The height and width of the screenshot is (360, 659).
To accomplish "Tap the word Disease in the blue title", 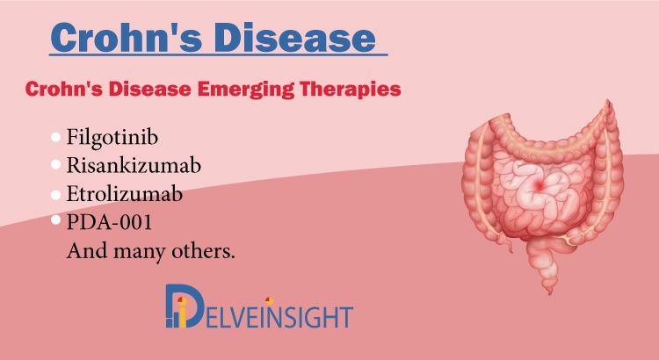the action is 294,37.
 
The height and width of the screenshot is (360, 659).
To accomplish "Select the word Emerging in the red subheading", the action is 245,90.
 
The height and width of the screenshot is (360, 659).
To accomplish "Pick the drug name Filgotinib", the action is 112,137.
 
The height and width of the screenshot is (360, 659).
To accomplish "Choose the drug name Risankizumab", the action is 134,165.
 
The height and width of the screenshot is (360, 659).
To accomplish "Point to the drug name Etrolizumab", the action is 125,194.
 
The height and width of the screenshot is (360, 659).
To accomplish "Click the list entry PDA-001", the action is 109,222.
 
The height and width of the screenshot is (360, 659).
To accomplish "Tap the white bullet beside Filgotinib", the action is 56,137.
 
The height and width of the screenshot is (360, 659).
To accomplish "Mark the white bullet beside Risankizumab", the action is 56,164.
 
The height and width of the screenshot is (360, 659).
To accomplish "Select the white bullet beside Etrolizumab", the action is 56,195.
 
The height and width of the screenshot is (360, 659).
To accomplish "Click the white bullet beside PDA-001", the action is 56,220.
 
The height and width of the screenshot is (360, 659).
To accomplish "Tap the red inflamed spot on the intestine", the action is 540,184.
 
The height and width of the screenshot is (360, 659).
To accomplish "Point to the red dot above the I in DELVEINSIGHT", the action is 269,301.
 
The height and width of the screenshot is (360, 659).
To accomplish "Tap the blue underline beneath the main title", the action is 218,54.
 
